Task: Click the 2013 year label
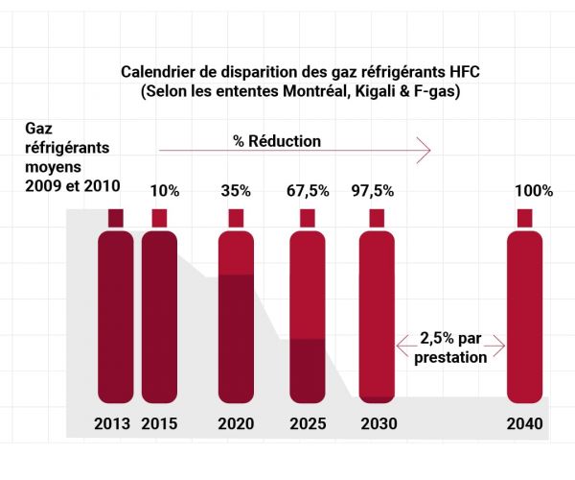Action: coord(112,423)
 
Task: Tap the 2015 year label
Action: coord(159,423)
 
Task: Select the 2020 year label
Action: coord(236,423)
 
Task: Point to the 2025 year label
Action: coord(308,423)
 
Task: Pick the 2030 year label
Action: coord(379,423)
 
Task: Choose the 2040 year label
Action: coord(525,423)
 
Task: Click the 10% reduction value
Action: coord(165,191)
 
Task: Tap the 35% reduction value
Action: coord(236,191)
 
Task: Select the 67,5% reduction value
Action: coord(308,191)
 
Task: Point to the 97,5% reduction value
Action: coord(373,191)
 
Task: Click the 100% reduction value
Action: coord(534,191)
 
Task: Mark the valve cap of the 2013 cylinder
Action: coord(116,218)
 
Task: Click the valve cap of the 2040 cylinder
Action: coord(524,218)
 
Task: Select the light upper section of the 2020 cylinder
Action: coord(236,252)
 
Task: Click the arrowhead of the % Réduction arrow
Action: coord(425,150)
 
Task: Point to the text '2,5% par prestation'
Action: coord(450,348)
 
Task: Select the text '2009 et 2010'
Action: coord(73,186)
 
